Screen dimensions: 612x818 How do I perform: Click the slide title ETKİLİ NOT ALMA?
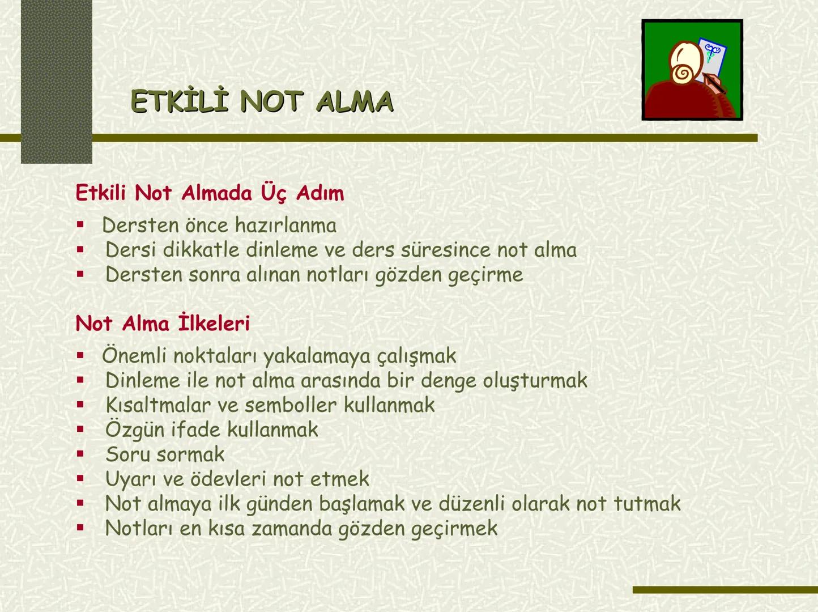point(262,103)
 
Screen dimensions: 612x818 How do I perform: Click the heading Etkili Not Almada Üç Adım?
point(210,193)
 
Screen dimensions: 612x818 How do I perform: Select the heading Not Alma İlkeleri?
point(163,324)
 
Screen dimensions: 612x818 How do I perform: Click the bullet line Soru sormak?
point(165,454)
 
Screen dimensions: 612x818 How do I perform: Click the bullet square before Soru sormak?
point(80,454)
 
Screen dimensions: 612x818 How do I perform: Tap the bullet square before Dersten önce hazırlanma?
point(80,225)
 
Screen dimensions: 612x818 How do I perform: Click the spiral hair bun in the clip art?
point(681,74)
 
